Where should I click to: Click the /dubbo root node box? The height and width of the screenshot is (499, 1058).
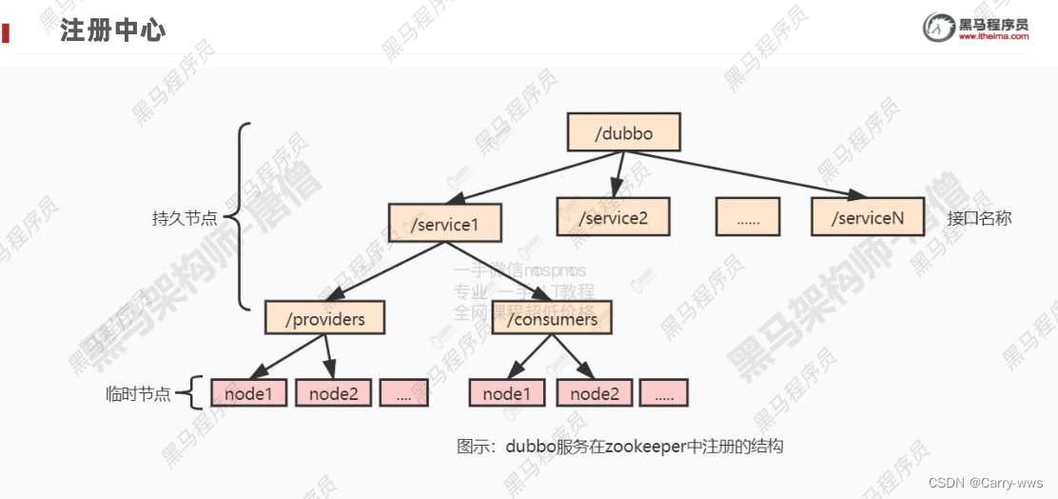(624, 132)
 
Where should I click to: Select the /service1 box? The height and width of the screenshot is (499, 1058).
(444, 224)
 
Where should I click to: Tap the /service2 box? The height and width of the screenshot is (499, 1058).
(614, 217)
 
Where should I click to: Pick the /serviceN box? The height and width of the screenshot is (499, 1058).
(868, 217)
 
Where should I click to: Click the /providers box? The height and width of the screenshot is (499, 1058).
(324, 317)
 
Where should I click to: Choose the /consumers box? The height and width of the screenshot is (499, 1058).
(552, 317)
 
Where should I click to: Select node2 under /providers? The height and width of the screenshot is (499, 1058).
(333, 392)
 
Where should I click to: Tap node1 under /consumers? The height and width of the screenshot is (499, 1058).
(506, 392)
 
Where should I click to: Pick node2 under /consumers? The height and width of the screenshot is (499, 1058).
(594, 392)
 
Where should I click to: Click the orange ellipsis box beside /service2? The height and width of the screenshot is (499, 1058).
(748, 217)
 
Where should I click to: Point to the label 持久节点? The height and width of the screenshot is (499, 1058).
(185, 218)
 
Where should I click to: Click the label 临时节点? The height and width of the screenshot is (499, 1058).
(138, 393)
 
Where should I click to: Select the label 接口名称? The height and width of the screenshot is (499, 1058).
(979, 218)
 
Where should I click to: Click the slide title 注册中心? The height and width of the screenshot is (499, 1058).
(112, 30)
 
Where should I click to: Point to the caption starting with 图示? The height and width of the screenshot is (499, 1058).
(619, 446)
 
